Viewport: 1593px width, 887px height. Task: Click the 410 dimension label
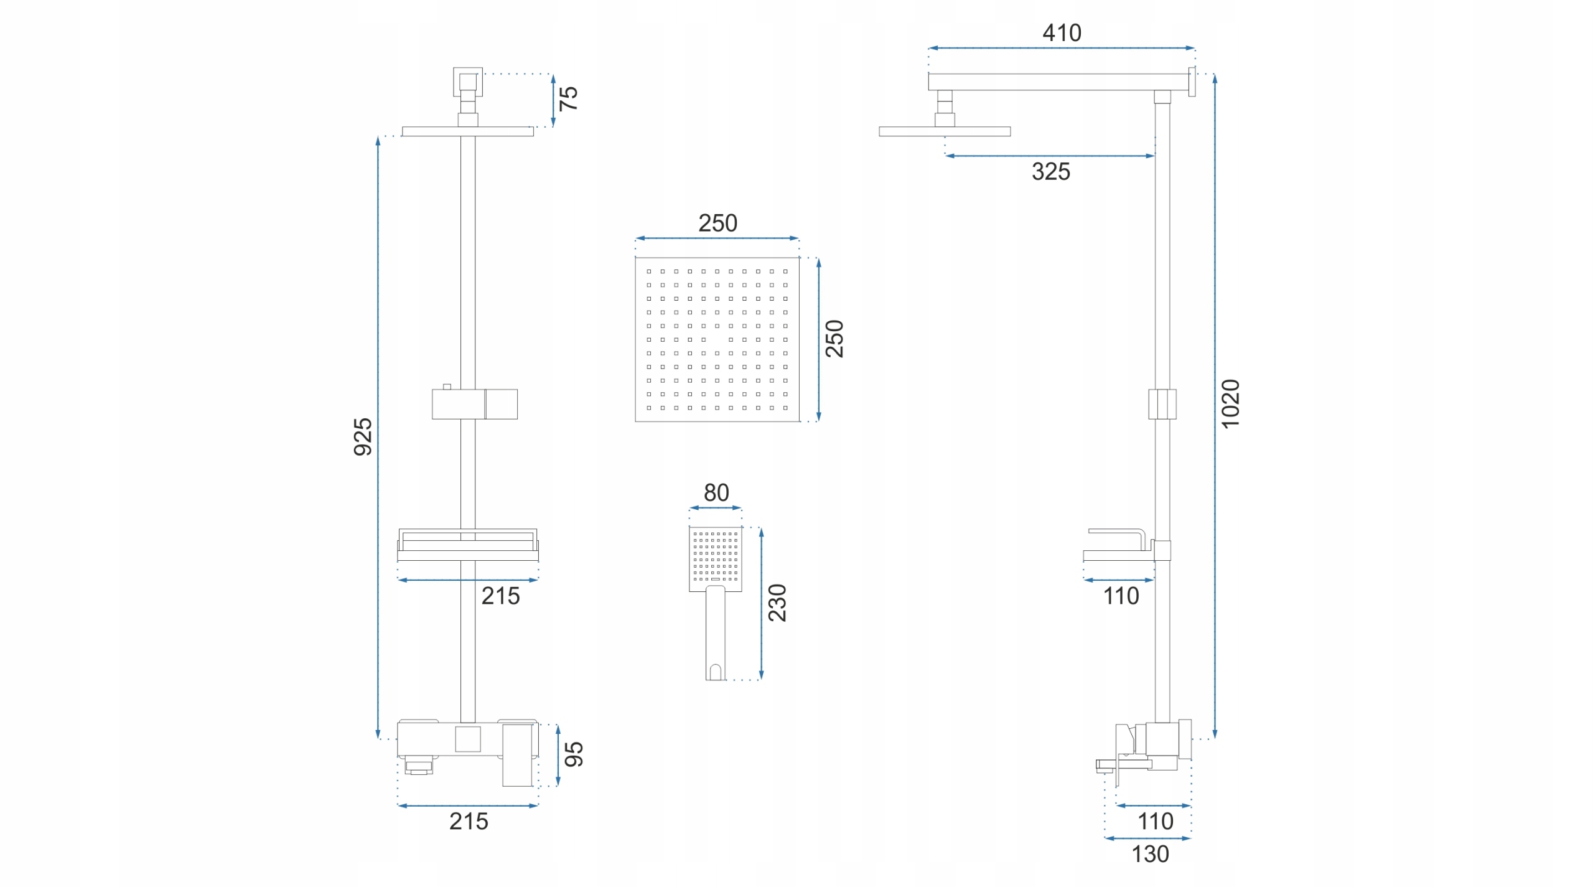point(1062,33)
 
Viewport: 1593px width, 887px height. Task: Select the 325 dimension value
point(1050,172)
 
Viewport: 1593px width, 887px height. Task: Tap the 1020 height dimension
point(1230,403)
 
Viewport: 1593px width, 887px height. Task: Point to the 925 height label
point(363,437)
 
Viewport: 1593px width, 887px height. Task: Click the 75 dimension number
point(569,98)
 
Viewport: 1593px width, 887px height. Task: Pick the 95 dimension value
point(574,754)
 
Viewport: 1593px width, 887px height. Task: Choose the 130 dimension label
point(1150,854)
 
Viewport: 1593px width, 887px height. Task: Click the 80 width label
point(716,493)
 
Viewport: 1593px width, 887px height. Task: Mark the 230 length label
point(777,603)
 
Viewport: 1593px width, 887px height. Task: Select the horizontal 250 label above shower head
point(717,223)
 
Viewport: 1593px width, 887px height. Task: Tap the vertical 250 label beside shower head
point(834,339)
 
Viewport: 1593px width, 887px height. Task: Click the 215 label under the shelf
point(500,596)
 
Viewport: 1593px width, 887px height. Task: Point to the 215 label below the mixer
point(469,822)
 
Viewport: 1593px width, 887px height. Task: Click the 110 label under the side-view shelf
point(1121,596)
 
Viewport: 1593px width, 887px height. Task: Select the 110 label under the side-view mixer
point(1156,822)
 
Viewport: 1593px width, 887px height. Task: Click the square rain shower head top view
point(717,339)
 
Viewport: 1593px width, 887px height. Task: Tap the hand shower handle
point(715,632)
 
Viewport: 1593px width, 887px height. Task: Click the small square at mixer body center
point(467,739)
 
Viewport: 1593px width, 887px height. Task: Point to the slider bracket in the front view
point(475,404)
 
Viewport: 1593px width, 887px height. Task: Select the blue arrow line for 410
point(1062,48)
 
